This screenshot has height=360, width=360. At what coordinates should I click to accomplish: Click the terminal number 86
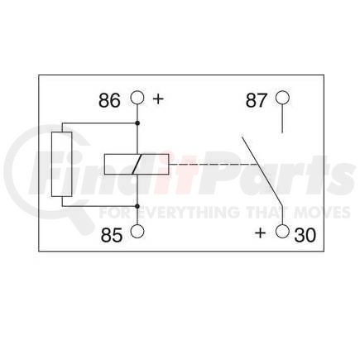109,100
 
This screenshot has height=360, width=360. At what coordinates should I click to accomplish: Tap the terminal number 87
257,100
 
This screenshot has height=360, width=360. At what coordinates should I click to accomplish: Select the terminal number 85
112,236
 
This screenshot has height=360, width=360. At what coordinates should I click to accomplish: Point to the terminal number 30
305,236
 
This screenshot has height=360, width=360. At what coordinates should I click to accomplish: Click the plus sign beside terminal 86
158,98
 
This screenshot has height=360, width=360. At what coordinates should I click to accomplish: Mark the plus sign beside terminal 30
261,233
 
